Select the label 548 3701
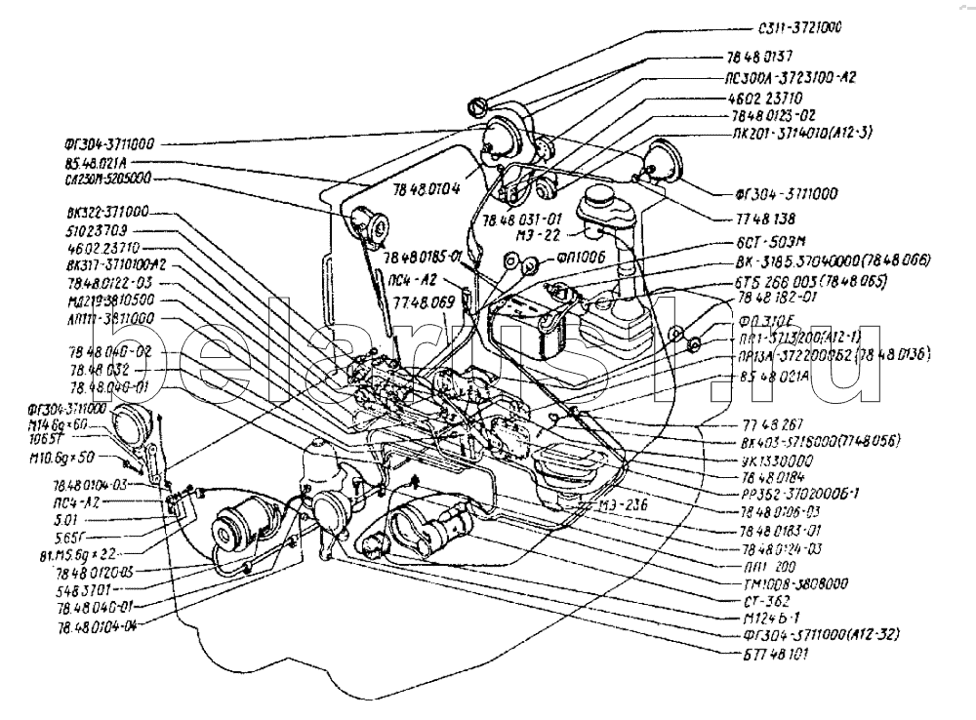point(89,590)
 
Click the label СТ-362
point(768,601)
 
